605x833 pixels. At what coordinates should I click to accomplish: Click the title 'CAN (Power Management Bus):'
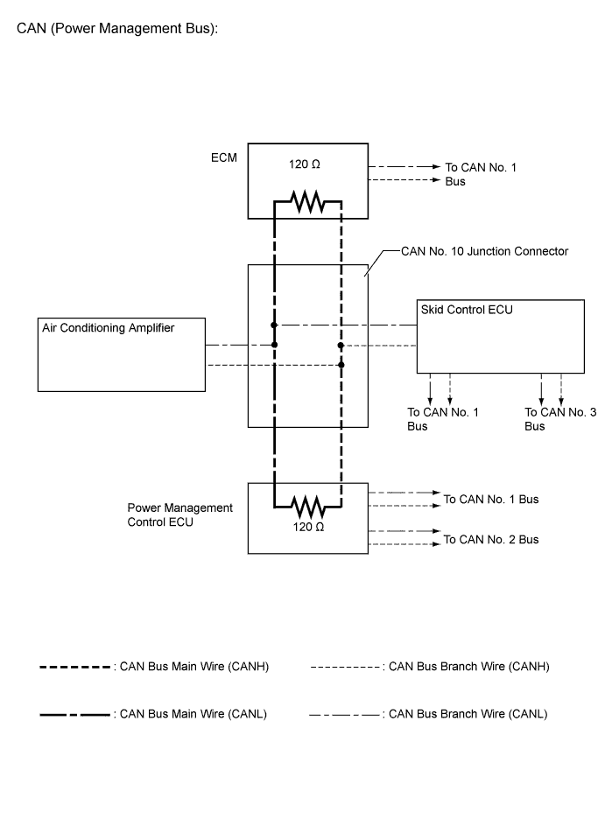point(116,29)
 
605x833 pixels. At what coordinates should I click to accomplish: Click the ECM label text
point(223,159)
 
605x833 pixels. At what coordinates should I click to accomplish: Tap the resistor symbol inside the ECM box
point(307,204)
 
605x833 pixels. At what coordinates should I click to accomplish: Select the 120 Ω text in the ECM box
point(307,164)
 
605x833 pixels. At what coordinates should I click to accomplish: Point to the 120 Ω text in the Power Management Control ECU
point(307,528)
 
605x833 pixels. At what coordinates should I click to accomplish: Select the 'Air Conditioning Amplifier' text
point(109,327)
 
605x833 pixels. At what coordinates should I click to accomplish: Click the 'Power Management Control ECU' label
point(180,514)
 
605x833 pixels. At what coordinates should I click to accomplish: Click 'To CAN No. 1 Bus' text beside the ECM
point(480,173)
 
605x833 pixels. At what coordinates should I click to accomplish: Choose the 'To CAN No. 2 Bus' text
point(491,540)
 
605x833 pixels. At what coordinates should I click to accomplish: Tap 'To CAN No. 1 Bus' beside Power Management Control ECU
point(491,500)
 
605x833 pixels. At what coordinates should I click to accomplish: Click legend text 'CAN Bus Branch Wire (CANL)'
point(467,714)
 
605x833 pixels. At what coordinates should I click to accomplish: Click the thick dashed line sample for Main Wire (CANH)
point(75,667)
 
